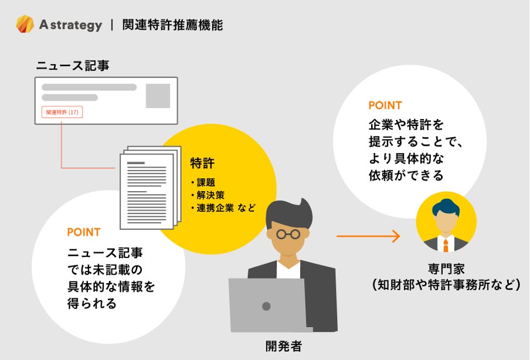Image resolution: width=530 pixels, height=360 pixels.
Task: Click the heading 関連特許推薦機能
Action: [x=172, y=25]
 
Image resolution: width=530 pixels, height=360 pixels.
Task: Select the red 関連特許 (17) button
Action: [x=62, y=112]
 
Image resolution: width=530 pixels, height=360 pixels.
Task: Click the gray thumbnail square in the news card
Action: [x=158, y=96]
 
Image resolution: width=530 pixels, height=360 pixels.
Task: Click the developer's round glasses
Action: [x=288, y=233]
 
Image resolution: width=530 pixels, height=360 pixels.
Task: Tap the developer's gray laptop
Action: [x=267, y=305]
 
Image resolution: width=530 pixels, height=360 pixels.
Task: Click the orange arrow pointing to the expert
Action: [x=368, y=236]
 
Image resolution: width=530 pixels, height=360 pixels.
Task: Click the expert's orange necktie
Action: [x=446, y=244]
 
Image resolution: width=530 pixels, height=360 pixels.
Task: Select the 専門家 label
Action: [x=445, y=270]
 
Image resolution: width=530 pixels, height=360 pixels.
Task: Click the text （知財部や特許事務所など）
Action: [x=446, y=286]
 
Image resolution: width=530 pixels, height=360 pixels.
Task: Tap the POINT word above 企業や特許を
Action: [x=385, y=106]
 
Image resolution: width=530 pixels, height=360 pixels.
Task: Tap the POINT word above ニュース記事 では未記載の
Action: [x=83, y=232]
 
